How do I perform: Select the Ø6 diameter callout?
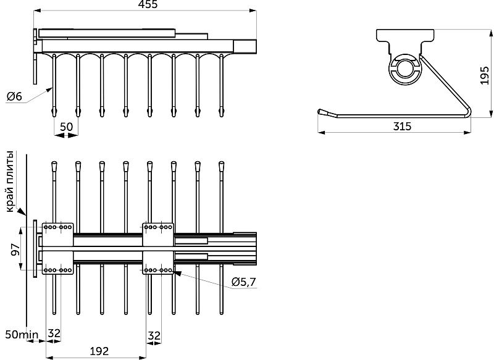tap(14, 96)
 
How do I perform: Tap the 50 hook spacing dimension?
tap(65, 126)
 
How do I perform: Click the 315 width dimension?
tap(402, 126)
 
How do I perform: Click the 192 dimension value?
tap(96, 351)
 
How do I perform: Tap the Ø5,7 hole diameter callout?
tap(243, 282)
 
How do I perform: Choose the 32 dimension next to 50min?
tap(54, 334)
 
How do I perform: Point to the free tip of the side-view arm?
tap(322, 112)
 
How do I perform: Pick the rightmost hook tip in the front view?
tap(220, 112)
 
